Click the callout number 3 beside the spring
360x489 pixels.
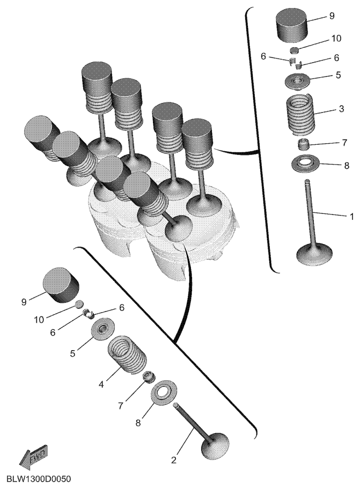pos(341,109)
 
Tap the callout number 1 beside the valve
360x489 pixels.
pos(351,216)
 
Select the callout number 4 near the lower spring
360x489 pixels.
pos(101,384)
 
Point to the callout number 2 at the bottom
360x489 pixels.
pos(174,460)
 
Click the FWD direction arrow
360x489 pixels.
pos(33,456)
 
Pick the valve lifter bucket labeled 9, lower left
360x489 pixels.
pos(60,284)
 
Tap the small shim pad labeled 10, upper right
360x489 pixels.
pos(295,50)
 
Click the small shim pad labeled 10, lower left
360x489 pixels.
pos(80,304)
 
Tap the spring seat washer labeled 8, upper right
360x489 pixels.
pos(301,163)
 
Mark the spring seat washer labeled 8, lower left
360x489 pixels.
pos(164,391)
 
